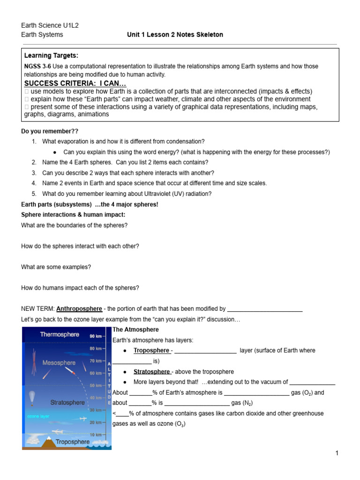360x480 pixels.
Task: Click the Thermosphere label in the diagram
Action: (x=60, y=335)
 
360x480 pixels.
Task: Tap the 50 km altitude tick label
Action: (x=96, y=385)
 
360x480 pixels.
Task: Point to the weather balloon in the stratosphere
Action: (x=32, y=397)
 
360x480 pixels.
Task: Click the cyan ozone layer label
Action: (x=38, y=416)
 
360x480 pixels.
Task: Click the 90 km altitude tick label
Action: (x=96, y=336)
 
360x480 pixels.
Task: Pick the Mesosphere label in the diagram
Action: (x=60, y=362)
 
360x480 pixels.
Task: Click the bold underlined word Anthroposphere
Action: (x=79, y=309)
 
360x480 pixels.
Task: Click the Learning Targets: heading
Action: (x=48, y=56)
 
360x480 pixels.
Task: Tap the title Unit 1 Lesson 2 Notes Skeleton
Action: (x=175, y=35)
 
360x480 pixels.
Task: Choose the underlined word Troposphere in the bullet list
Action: (x=151, y=350)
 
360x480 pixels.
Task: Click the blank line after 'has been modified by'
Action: (x=264, y=309)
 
